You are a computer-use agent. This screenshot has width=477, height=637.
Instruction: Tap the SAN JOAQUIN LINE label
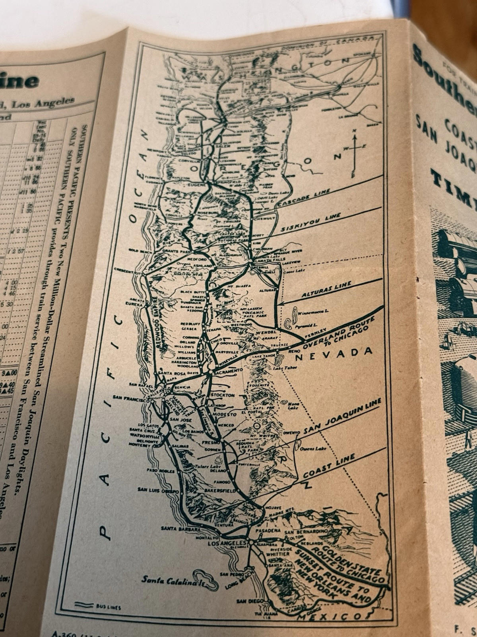[x=342, y=416]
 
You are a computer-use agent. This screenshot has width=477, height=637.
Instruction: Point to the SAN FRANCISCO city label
[x=130, y=397]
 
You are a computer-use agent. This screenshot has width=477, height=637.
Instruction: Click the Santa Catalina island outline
[x=206, y=580]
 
